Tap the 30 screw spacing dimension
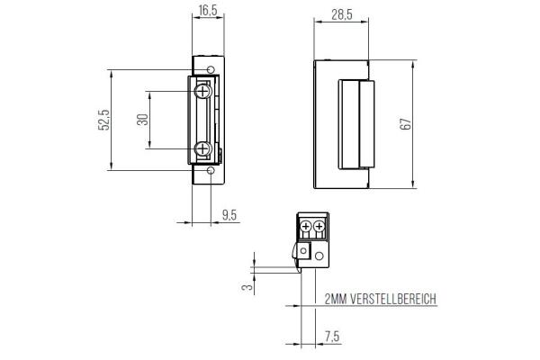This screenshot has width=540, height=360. point(142,121)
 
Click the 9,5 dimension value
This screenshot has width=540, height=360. point(230,214)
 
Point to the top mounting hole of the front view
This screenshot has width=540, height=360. point(211,69)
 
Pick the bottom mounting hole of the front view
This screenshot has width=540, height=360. point(211,171)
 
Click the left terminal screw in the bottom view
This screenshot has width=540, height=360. point(306,225)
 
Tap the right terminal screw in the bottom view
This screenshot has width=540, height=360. point(319,225)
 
